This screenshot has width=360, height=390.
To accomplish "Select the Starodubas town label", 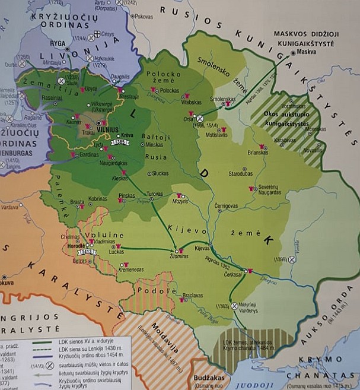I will point(241,173).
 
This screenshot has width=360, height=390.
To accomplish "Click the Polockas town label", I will point(169,90).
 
